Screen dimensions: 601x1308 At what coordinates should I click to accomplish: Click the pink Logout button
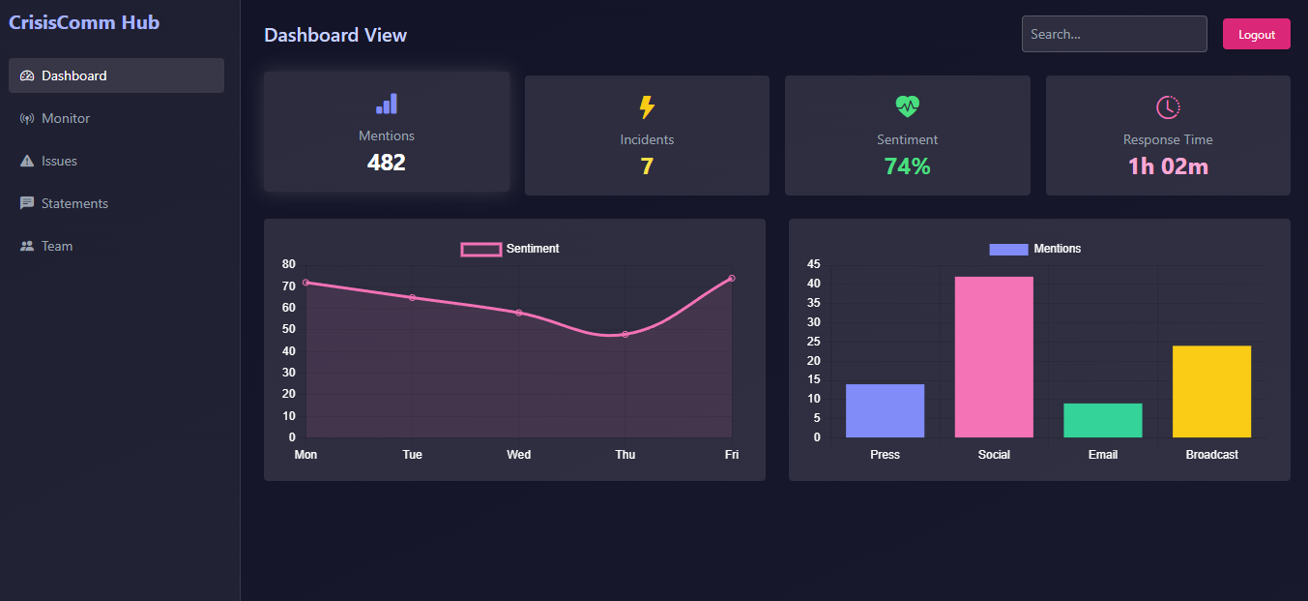click(x=1256, y=34)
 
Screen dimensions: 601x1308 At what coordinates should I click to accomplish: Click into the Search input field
click(x=1114, y=34)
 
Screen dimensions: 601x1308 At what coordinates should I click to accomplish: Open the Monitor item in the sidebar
click(x=66, y=118)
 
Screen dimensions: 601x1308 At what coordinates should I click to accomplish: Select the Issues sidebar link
click(x=59, y=161)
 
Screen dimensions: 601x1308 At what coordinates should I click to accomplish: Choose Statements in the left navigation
click(x=74, y=203)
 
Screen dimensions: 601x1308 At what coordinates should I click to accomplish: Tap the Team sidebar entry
click(x=56, y=246)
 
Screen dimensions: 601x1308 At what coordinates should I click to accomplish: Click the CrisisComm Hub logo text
click(x=84, y=22)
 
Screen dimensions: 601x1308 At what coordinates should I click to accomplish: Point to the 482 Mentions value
click(x=386, y=163)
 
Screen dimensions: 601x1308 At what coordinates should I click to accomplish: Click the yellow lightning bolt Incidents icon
click(x=647, y=107)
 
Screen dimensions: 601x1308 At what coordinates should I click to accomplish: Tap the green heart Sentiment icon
click(x=907, y=106)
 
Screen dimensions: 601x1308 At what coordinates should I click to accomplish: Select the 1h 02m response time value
click(x=1168, y=166)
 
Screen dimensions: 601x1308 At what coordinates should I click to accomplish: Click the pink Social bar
click(x=994, y=357)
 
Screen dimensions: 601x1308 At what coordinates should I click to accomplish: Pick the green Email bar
click(x=1102, y=420)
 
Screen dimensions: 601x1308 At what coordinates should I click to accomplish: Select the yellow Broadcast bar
click(x=1211, y=391)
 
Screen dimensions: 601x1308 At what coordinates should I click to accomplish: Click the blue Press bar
click(x=885, y=410)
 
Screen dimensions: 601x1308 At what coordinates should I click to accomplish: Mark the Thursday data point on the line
click(x=625, y=334)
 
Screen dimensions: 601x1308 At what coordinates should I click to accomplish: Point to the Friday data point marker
click(x=732, y=278)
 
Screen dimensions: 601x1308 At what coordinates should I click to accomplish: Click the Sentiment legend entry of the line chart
click(x=510, y=249)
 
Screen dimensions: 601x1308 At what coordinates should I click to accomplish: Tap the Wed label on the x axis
click(x=518, y=455)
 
